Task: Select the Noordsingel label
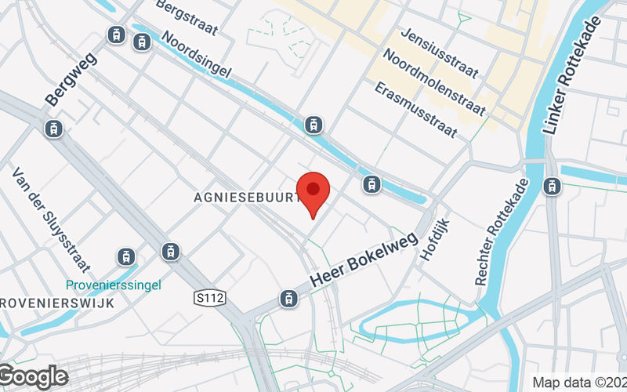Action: click(196, 56)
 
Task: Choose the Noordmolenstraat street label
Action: click(435, 81)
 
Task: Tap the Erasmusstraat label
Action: click(416, 109)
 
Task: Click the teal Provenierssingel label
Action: click(114, 285)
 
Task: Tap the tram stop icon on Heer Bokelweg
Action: click(288, 298)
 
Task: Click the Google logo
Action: click(34, 377)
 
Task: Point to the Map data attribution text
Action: click(579, 383)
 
